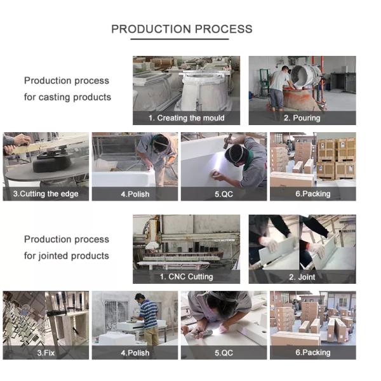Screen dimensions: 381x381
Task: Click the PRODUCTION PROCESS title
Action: click(182, 29)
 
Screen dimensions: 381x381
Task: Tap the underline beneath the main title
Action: click(180, 39)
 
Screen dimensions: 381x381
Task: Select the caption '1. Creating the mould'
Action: click(186, 118)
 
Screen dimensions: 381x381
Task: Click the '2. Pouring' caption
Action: click(302, 118)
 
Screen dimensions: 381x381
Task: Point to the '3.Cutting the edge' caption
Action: click(46, 194)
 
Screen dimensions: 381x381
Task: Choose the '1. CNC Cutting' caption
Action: click(186, 277)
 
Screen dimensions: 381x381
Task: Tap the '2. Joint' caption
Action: click(302, 277)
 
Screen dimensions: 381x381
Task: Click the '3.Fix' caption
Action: click(46, 353)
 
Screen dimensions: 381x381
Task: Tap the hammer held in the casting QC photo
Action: click(228, 141)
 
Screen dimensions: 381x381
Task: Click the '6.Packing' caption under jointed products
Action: click(313, 352)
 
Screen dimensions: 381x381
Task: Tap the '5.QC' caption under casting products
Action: click(224, 194)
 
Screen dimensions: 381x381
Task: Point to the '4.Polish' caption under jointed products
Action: click(135, 353)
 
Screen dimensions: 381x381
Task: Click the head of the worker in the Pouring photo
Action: click(285, 69)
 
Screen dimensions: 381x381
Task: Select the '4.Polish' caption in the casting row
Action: click(135, 194)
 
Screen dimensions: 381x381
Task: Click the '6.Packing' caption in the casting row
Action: click(313, 194)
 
